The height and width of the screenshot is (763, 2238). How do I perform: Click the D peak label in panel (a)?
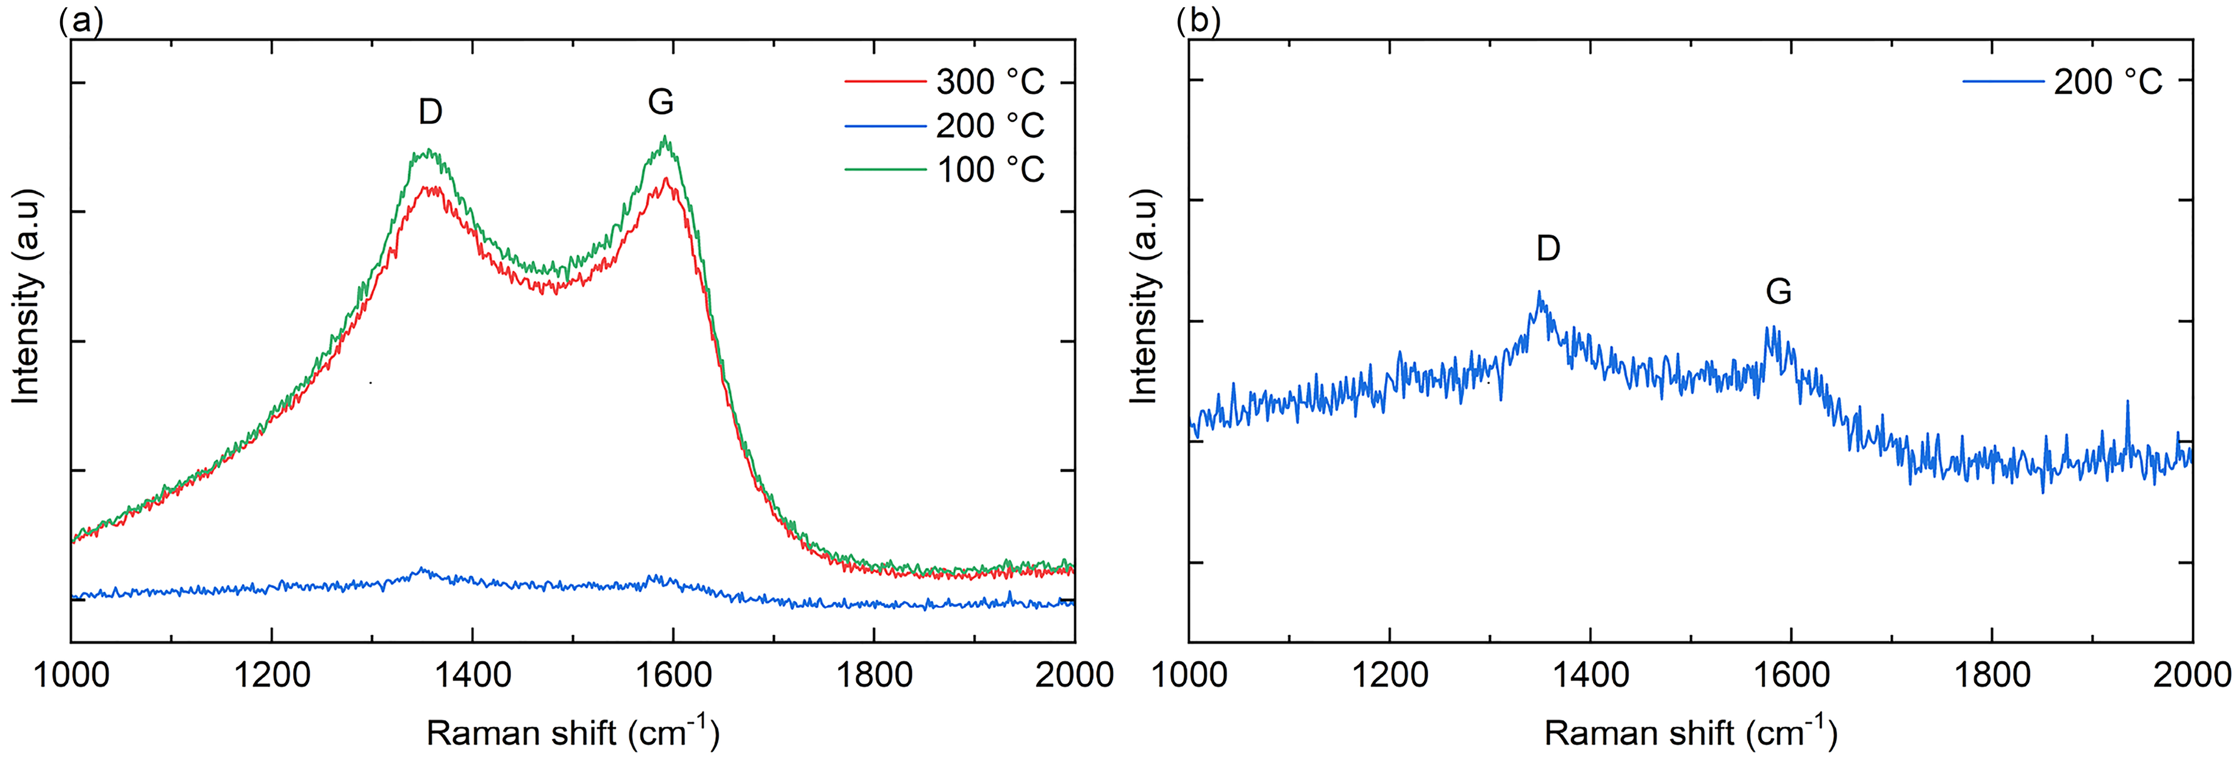pos(430,111)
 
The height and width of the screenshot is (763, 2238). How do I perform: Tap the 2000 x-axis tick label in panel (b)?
pos(2191,674)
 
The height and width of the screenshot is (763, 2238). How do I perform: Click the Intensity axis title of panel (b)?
pos(1145,295)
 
